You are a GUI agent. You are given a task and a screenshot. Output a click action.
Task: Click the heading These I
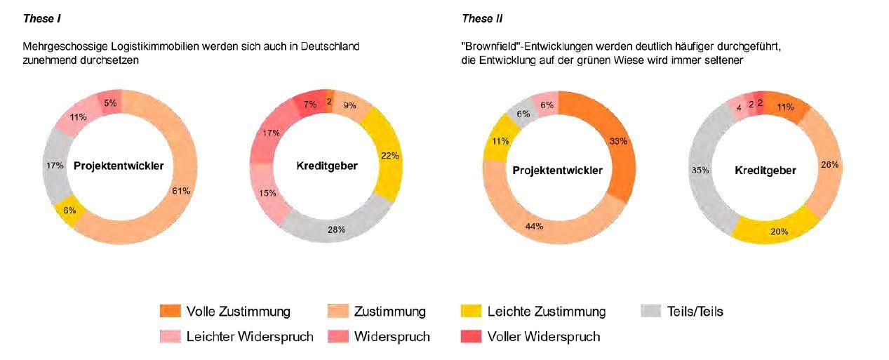(41, 18)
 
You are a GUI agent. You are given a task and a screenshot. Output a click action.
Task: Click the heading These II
(482, 18)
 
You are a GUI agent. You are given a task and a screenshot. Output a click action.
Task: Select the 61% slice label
(181, 190)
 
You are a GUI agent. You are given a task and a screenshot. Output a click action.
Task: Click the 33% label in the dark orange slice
(618, 141)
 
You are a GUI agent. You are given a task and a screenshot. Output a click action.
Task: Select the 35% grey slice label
(700, 170)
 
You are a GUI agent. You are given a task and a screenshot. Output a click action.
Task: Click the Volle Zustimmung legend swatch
(170, 311)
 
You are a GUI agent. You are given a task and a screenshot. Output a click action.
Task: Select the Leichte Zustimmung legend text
(547, 311)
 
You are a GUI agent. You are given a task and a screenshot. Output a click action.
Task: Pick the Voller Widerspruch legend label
(543, 337)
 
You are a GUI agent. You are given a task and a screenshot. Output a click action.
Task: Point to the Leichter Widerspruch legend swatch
(170, 337)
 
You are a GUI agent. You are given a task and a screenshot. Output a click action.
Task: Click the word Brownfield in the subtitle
(494, 46)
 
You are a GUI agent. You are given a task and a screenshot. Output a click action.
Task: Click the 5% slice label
(111, 103)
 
